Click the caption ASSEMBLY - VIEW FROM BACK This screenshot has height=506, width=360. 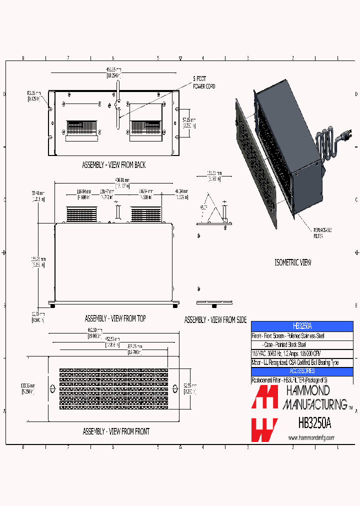tap(114, 164)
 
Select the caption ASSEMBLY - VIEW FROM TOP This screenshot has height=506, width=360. tap(115, 318)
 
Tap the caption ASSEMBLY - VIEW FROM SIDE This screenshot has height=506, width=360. tap(215, 319)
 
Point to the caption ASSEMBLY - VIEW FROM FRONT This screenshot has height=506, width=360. tap(116, 431)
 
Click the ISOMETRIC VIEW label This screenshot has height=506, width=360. tap(293, 262)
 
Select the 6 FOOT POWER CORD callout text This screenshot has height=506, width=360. tap(204, 82)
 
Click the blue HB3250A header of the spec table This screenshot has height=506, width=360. tap(301, 325)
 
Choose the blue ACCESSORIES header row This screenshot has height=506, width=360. tap(301, 371)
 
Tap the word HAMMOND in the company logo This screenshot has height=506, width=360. tap(307, 390)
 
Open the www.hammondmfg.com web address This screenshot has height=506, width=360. tap(311, 438)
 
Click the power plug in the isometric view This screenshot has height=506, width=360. tap(345, 134)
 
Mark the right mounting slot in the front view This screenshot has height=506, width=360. tap(174, 388)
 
